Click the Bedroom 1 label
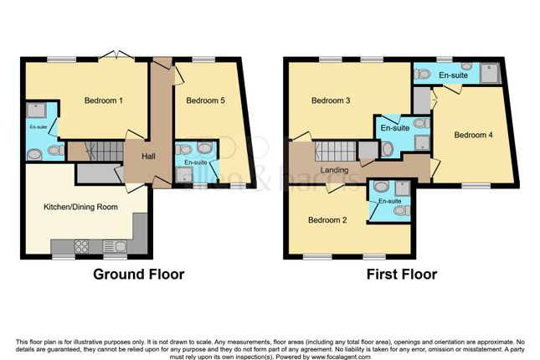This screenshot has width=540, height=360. (104, 101)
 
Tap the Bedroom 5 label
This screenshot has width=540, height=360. (205, 101)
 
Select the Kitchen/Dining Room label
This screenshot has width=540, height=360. (80, 206)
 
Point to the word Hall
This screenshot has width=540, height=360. (147, 157)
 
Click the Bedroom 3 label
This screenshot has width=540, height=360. (330, 101)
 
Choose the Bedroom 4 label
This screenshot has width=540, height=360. (473, 135)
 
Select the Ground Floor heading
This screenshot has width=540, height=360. (138, 274)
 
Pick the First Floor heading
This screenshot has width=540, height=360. (401, 274)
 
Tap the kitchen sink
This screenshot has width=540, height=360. (116, 246)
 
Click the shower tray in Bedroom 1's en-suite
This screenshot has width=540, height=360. (37, 110)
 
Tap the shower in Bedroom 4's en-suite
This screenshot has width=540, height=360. (495, 74)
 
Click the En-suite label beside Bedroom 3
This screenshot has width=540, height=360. (394, 128)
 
